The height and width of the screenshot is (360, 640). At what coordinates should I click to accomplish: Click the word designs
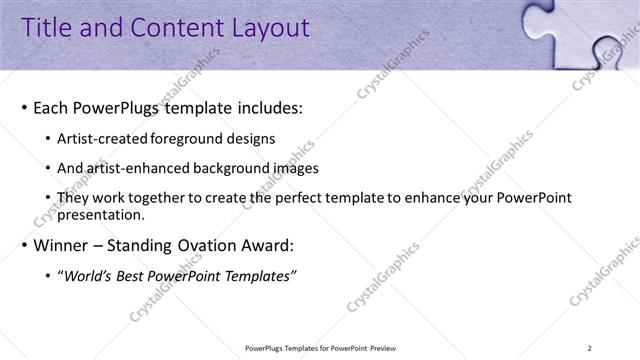click(250, 138)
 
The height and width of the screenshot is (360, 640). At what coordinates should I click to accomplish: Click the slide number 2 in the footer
click(619, 348)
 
